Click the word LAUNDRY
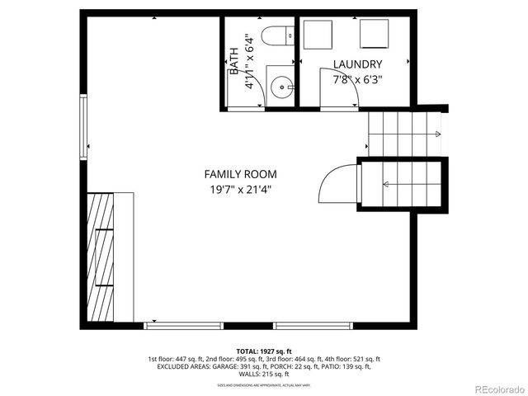point(357,64)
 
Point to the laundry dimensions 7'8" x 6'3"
point(357,80)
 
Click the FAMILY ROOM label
point(240,174)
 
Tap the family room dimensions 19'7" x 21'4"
point(240,189)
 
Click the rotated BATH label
point(233,59)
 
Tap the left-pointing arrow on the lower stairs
point(387,184)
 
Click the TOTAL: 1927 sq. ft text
point(264,351)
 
